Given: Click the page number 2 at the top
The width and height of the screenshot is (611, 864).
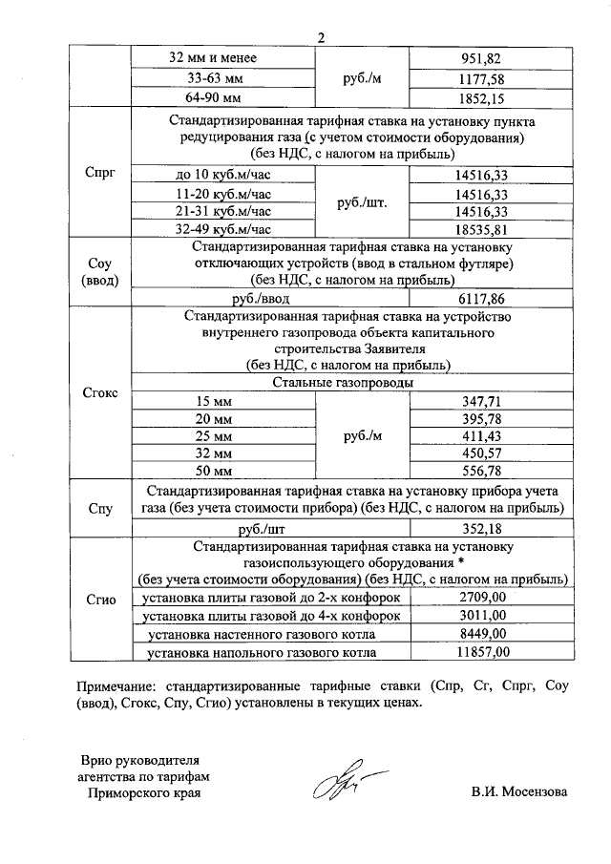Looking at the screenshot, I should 322,38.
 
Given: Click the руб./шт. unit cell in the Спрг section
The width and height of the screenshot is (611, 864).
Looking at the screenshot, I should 362,202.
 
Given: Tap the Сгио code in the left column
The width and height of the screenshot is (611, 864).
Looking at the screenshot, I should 100,601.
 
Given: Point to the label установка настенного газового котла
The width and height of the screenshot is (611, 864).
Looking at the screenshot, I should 267,634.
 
